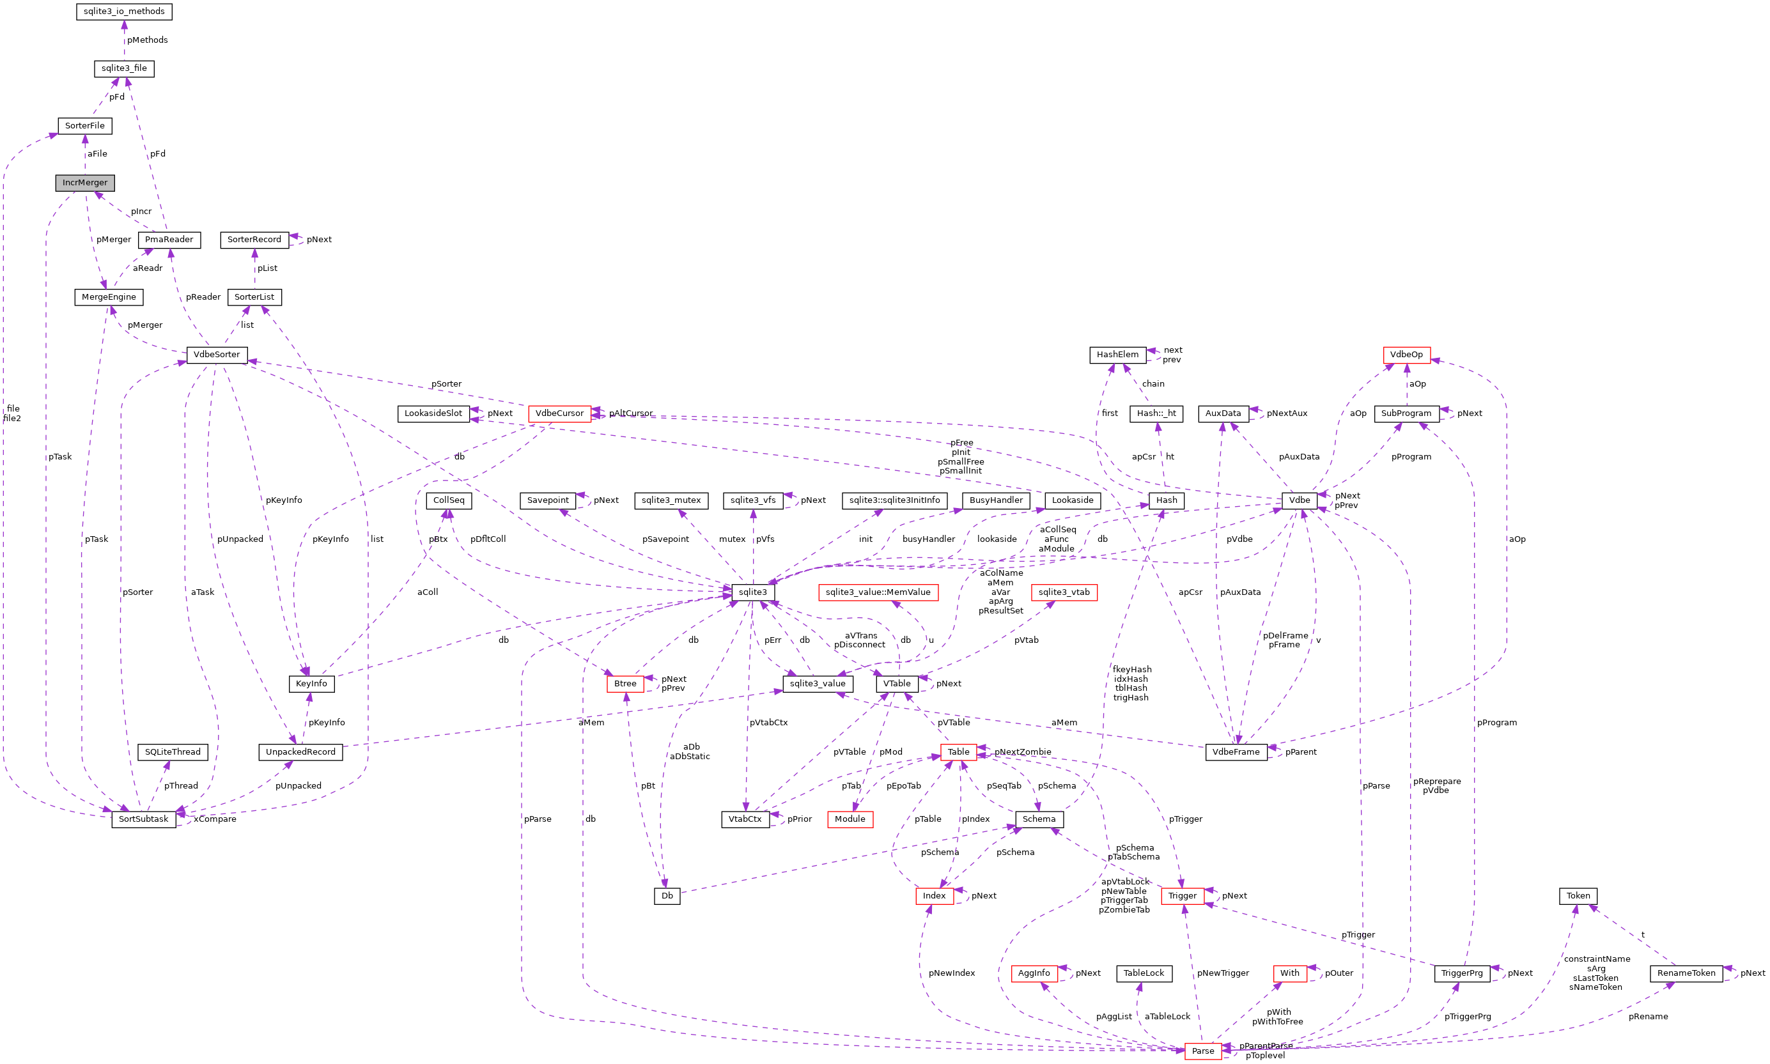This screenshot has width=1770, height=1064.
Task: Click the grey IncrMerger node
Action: [84, 183]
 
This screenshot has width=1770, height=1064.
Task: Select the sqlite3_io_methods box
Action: [124, 12]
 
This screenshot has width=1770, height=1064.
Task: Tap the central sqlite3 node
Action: [752, 592]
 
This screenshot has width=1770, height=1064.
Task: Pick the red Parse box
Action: [1203, 1051]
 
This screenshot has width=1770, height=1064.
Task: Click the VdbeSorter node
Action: [217, 354]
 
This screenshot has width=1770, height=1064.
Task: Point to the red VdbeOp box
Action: [1406, 354]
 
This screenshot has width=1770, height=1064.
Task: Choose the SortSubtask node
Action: [143, 819]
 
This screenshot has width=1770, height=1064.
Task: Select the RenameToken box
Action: [1686, 973]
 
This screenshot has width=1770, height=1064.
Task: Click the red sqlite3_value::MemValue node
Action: [878, 592]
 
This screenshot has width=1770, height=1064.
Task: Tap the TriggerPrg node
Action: [1462, 973]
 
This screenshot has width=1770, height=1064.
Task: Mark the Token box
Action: [1578, 895]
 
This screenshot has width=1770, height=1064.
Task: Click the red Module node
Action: [850, 819]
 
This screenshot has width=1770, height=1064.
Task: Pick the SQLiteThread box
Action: [173, 752]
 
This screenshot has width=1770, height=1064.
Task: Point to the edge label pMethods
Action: [148, 40]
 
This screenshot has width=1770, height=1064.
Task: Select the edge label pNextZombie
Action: [1023, 752]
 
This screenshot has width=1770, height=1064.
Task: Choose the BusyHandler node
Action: [995, 500]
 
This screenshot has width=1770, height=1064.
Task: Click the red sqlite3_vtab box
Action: [1064, 592]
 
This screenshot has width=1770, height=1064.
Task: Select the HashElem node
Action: [1117, 354]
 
